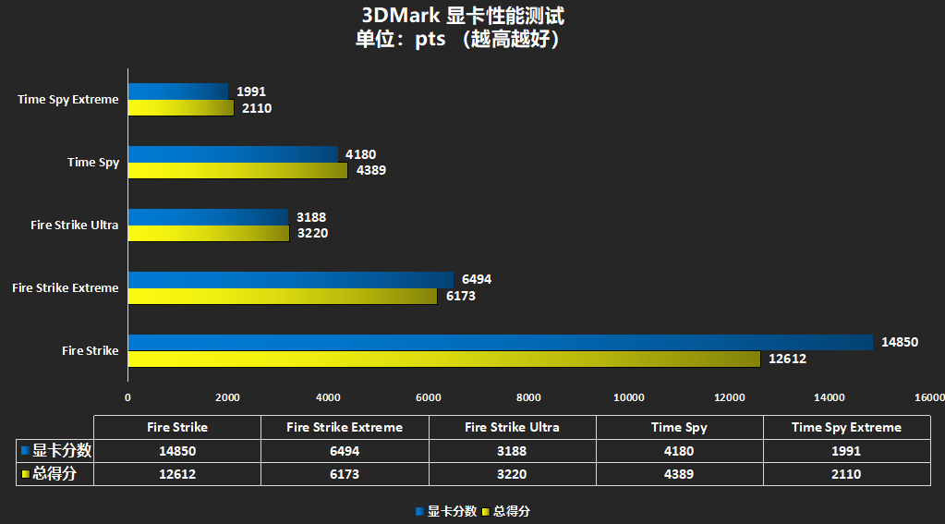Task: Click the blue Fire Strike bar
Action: pos(500,342)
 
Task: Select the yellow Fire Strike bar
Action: pos(443,359)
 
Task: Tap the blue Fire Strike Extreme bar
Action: pos(291,279)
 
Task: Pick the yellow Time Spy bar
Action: pos(237,170)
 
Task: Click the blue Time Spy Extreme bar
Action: pos(178,91)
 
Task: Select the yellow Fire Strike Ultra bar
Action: pos(209,233)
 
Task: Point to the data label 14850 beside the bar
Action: pos(899,342)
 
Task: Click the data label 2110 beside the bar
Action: pos(256,108)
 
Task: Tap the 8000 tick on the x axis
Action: pos(528,397)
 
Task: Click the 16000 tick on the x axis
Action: pos(928,397)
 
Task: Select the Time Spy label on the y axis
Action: pos(93,163)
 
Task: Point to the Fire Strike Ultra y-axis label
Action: pos(74,225)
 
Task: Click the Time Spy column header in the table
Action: pos(679,428)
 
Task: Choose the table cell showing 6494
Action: pos(345,452)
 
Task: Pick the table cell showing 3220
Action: pos(512,474)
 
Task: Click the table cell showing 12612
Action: pos(177,474)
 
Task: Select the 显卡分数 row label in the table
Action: pos(61,452)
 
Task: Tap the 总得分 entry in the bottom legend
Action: pos(512,511)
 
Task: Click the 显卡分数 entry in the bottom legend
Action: pos(452,511)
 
